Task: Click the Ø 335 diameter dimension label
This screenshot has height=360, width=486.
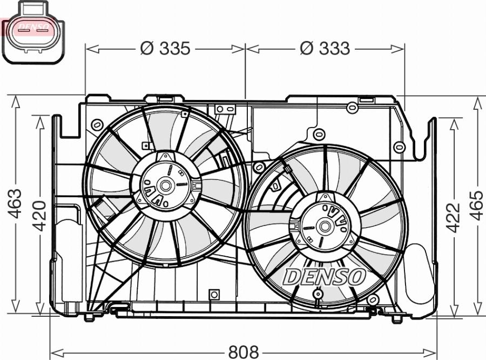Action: pyautogui.click(x=165, y=49)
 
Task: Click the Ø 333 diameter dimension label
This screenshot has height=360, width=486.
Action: pyautogui.click(x=325, y=49)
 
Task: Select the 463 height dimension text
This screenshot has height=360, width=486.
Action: pyautogui.click(x=15, y=203)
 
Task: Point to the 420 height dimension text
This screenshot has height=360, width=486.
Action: pyautogui.click(x=39, y=216)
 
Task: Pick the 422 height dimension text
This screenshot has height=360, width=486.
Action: pyautogui.click(x=453, y=217)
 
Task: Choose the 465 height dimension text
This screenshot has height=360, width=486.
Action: pyautogui.click(x=477, y=205)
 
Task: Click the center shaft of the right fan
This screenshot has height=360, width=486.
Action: pyautogui.click(x=325, y=226)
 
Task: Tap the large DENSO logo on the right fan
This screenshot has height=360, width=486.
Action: pyautogui.click(x=324, y=277)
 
